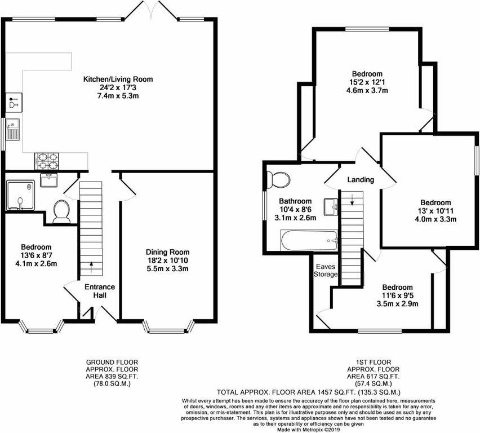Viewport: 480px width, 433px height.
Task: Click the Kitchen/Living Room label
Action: pos(118,79)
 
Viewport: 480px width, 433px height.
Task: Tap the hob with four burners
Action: pos(47,161)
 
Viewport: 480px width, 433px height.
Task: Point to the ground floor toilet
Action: pos(60,210)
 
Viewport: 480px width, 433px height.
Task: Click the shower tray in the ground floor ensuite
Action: pos(21,195)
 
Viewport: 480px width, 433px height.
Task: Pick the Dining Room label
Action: pos(167,252)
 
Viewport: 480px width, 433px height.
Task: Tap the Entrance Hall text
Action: pos(100,291)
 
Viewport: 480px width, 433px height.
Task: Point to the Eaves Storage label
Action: pos(326,270)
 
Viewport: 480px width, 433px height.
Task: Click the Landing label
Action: pos(361,180)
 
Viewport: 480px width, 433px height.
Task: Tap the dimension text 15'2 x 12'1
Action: pos(367,82)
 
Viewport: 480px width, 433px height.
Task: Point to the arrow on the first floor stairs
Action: pos(352,198)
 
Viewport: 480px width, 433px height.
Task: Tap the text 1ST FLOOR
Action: pos(367,362)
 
